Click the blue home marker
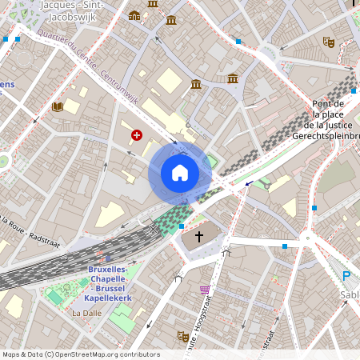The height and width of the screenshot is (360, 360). tap(180, 173)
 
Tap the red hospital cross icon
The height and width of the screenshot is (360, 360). tap(137, 136)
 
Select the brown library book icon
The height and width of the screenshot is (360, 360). tap(57, 106)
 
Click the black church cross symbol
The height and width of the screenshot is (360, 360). tap(199, 238)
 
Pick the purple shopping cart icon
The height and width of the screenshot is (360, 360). tap(205, 289)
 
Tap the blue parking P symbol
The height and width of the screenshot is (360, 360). tap(346, 276)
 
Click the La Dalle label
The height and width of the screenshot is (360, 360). tap(86, 313)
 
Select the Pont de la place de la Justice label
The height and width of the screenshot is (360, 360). tap(328, 119)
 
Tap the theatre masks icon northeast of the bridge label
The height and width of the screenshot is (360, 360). tap(327, 42)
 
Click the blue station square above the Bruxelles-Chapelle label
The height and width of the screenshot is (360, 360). tap(108, 258)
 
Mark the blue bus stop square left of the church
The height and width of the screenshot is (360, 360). tap(182, 226)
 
